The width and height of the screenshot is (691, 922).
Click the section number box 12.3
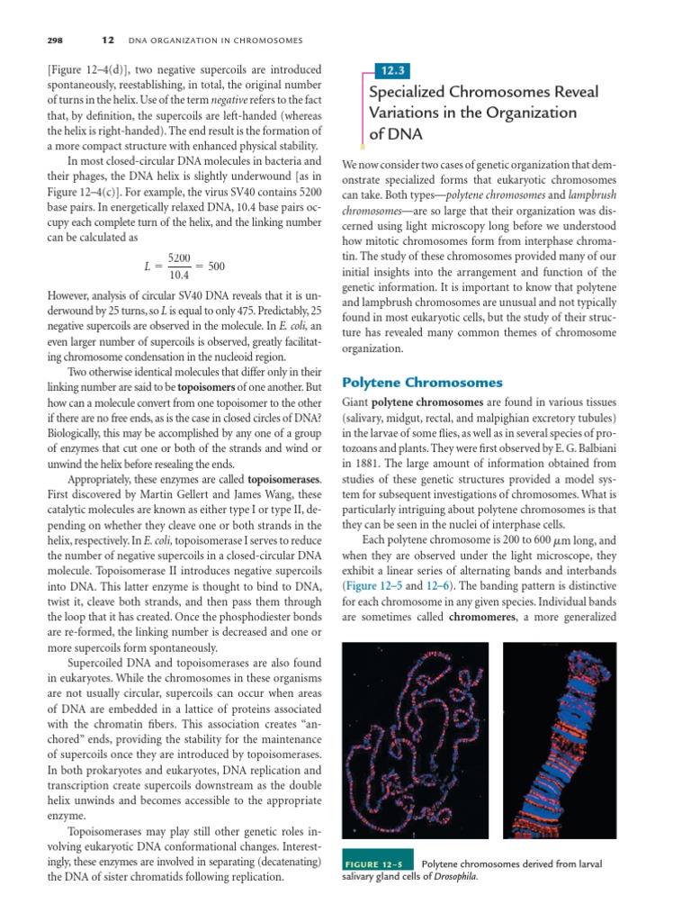(x=392, y=68)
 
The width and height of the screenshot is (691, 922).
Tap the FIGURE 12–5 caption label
(x=376, y=864)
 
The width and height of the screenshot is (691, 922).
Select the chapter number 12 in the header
(x=107, y=40)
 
